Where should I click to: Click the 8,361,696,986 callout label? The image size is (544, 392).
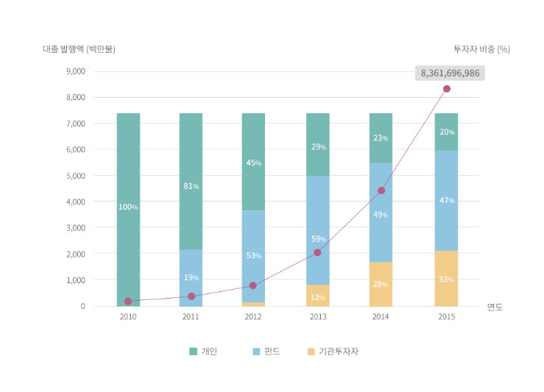(451, 74)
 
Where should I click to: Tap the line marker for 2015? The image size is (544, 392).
(446, 89)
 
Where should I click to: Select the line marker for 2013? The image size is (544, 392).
(317, 252)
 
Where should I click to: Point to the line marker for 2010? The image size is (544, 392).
(128, 301)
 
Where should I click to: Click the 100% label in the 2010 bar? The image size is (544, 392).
(128, 207)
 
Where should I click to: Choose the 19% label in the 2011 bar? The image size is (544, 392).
(191, 277)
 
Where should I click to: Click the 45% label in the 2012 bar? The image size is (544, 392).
(253, 163)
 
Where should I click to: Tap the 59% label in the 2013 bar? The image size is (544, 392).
(317, 238)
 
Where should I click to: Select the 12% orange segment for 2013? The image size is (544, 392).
(317, 296)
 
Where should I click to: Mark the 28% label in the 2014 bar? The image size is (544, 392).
(381, 284)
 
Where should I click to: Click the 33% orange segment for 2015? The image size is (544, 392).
(446, 279)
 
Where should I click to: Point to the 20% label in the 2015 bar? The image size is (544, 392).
(446, 132)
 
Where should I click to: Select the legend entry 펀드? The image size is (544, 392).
(266, 351)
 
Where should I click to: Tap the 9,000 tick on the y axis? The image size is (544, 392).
(75, 72)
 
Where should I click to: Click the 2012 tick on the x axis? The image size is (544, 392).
(253, 317)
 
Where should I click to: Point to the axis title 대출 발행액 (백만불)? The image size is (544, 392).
(79, 49)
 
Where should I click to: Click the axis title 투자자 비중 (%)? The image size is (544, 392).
(481, 49)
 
